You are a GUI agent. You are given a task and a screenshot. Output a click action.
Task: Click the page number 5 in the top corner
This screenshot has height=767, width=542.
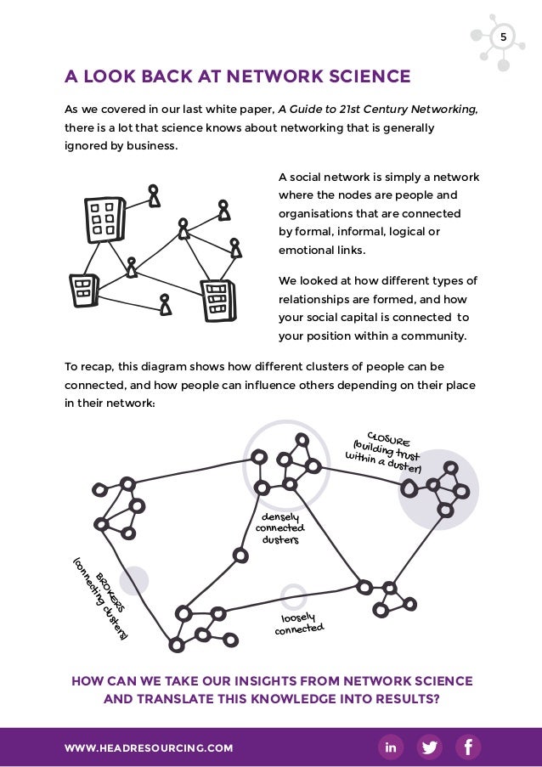[502, 37]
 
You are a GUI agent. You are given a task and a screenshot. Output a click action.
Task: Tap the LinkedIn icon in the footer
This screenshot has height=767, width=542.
[391, 747]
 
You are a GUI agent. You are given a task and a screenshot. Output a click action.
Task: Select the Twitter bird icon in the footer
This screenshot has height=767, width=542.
[430, 747]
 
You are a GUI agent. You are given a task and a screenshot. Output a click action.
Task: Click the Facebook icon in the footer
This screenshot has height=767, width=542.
[468, 747]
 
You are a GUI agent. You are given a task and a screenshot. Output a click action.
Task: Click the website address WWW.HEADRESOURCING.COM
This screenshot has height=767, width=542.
[149, 748]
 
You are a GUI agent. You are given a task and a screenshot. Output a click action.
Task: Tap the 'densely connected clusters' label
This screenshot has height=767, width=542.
[280, 527]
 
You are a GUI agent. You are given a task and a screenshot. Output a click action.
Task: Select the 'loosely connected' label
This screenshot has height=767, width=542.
[298, 623]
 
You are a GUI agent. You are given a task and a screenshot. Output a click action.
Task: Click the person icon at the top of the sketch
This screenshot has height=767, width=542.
[153, 196]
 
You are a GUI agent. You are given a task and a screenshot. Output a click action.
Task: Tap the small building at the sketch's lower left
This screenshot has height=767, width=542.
[83, 290]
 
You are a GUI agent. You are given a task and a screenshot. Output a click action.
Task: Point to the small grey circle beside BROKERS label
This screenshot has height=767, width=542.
[134, 581]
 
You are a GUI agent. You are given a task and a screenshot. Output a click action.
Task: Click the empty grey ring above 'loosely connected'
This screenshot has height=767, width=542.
[293, 596]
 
